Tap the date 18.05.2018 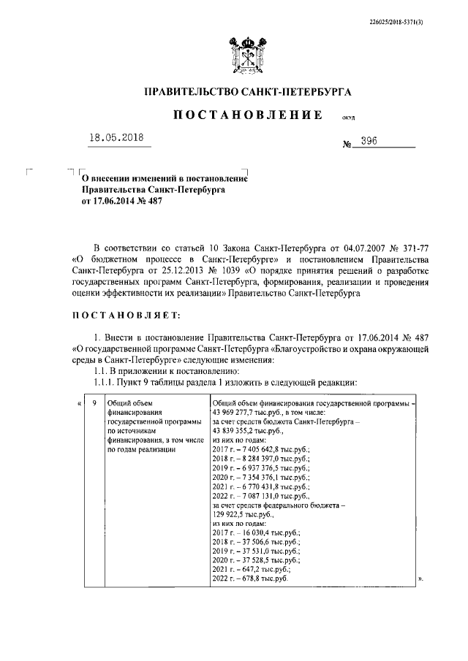click(x=119, y=138)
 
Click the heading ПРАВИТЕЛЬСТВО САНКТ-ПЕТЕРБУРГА click(x=247, y=92)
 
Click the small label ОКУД click(x=347, y=118)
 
